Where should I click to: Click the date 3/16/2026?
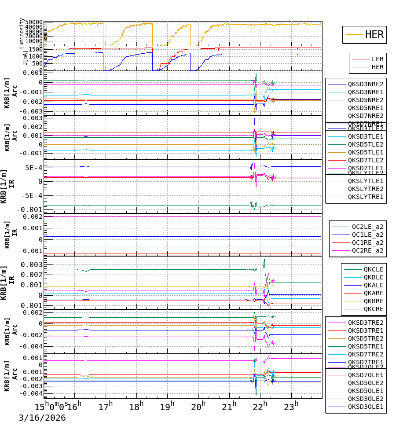pos(42,418)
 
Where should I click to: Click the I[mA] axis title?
pos(25,58)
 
